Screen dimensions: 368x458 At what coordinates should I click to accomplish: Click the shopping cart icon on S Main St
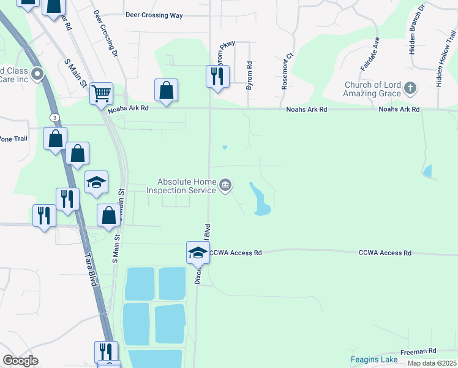click(101, 94)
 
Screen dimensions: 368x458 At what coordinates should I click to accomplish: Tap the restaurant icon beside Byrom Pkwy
click(217, 77)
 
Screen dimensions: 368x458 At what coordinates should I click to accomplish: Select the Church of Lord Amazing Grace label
click(372, 89)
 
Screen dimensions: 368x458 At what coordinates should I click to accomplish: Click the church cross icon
click(410, 89)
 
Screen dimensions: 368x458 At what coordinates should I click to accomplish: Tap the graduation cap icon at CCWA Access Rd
click(198, 253)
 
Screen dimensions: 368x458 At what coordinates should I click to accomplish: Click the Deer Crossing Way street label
click(154, 15)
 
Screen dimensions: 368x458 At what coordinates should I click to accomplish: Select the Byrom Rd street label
click(249, 76)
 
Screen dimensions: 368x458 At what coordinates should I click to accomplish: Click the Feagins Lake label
click(374, 359)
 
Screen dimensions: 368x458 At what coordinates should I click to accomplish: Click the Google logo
click(20, 361)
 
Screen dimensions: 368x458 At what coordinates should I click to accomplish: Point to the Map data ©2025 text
click(432, 363)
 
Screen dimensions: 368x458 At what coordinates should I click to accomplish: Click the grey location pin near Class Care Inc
click(37, 75)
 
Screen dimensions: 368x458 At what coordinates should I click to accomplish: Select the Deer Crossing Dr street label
click(105, 34)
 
